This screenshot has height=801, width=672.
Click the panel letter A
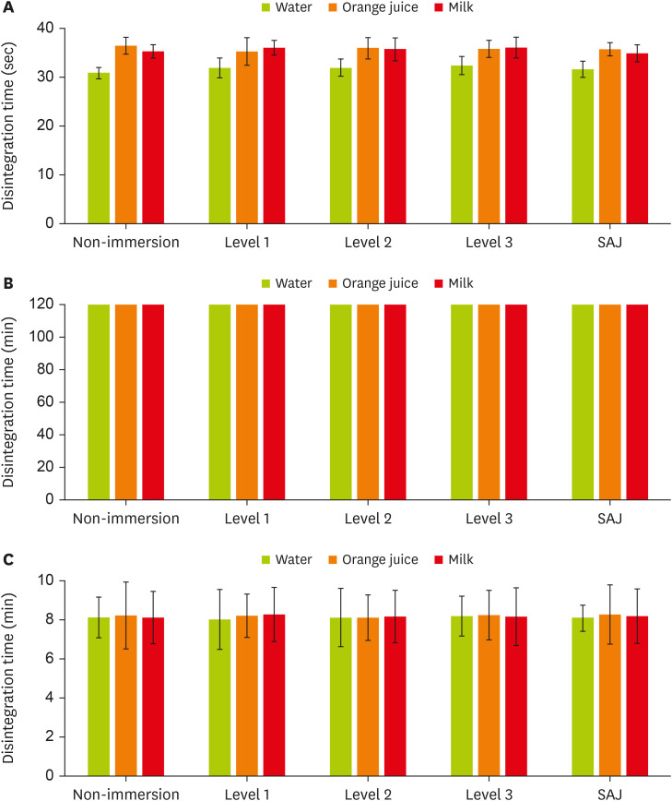[x=8, y=9]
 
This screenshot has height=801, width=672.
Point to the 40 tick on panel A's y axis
[x=59, y=28]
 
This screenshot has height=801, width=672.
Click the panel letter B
[x=8, y=284]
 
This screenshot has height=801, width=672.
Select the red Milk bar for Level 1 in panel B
[x=274, y=401]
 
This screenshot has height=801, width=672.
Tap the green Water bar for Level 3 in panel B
[x=462, y=401]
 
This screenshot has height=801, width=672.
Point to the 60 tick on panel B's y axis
[x=59, y=402]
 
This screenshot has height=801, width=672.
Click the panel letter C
[x=8, y=559]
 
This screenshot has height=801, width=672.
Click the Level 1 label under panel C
[x=247, y=794]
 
